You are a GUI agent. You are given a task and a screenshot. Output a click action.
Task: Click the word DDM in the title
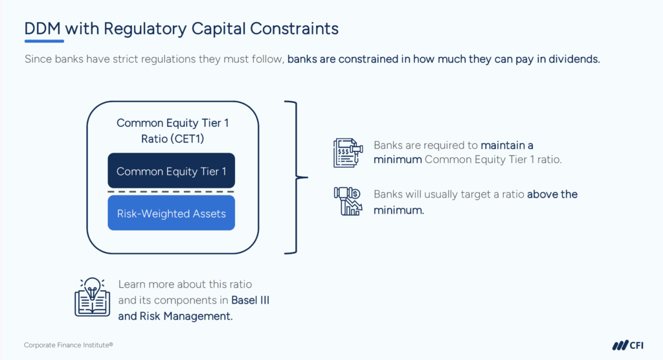tap(43, 28)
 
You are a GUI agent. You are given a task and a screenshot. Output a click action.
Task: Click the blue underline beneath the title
tap(45, 41)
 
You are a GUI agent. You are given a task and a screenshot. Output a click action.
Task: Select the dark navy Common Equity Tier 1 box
tap(171, 170)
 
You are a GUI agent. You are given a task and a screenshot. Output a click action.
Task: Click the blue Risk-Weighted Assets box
tap(171, 213)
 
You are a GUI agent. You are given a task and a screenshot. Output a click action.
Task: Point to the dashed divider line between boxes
tap(171, 192)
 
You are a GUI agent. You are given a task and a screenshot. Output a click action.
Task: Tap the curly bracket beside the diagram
tap(296, 177)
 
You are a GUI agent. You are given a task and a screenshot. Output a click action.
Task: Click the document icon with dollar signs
tap(348, 153)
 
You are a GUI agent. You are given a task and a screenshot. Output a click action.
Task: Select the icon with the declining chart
tap(348, 201)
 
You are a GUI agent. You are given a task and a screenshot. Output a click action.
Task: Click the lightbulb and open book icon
tap(92, 297)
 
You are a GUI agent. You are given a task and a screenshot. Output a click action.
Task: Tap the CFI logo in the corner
tap(628, 345)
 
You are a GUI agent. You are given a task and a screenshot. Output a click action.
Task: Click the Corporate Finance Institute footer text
tap(69, 345)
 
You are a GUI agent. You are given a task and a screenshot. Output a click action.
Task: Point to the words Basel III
tap(251, 300)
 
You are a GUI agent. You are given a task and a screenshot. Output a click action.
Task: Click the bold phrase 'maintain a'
tap(507, 146)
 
